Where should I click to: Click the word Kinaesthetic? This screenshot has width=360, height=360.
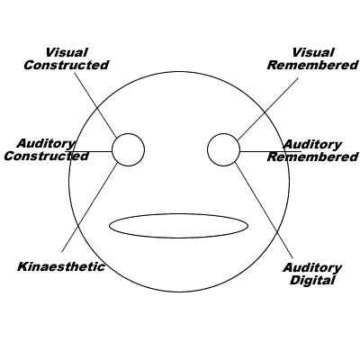(x=61, y=266)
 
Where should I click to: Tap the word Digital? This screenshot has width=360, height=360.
(x=312, y=280)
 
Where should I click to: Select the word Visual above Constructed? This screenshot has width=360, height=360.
(x=67, y=52)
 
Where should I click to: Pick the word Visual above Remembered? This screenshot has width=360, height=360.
(x=313, y=52)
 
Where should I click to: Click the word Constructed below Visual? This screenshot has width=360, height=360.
(x=67, y=65)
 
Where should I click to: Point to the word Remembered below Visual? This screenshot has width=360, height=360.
(x=313, y=65)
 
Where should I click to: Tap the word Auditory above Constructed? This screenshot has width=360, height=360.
(x=46, y=144)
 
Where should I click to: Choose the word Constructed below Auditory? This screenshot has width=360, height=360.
(x=47, y=156)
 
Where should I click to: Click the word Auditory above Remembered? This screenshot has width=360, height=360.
(x=312, y=145)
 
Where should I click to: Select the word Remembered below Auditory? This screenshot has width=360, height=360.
(x=313, y=157)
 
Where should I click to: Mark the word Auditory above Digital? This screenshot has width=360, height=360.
(x=312, y=267)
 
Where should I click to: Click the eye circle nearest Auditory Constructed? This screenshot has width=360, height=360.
(x=129, y=134)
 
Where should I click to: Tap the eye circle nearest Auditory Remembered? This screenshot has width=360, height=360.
(x=224, y=134)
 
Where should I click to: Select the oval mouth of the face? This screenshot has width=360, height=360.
(x=179, y=214)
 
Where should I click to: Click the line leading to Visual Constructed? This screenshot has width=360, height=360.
(x=95, y=104)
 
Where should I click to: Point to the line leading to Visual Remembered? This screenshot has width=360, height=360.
(x=268, y=109)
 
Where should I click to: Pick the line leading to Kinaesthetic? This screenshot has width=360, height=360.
(x=89, y=207)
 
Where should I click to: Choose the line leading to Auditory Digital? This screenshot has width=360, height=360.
(x=265, y=211)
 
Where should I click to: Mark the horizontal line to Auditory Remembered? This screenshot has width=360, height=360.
(x=271, y=151)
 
